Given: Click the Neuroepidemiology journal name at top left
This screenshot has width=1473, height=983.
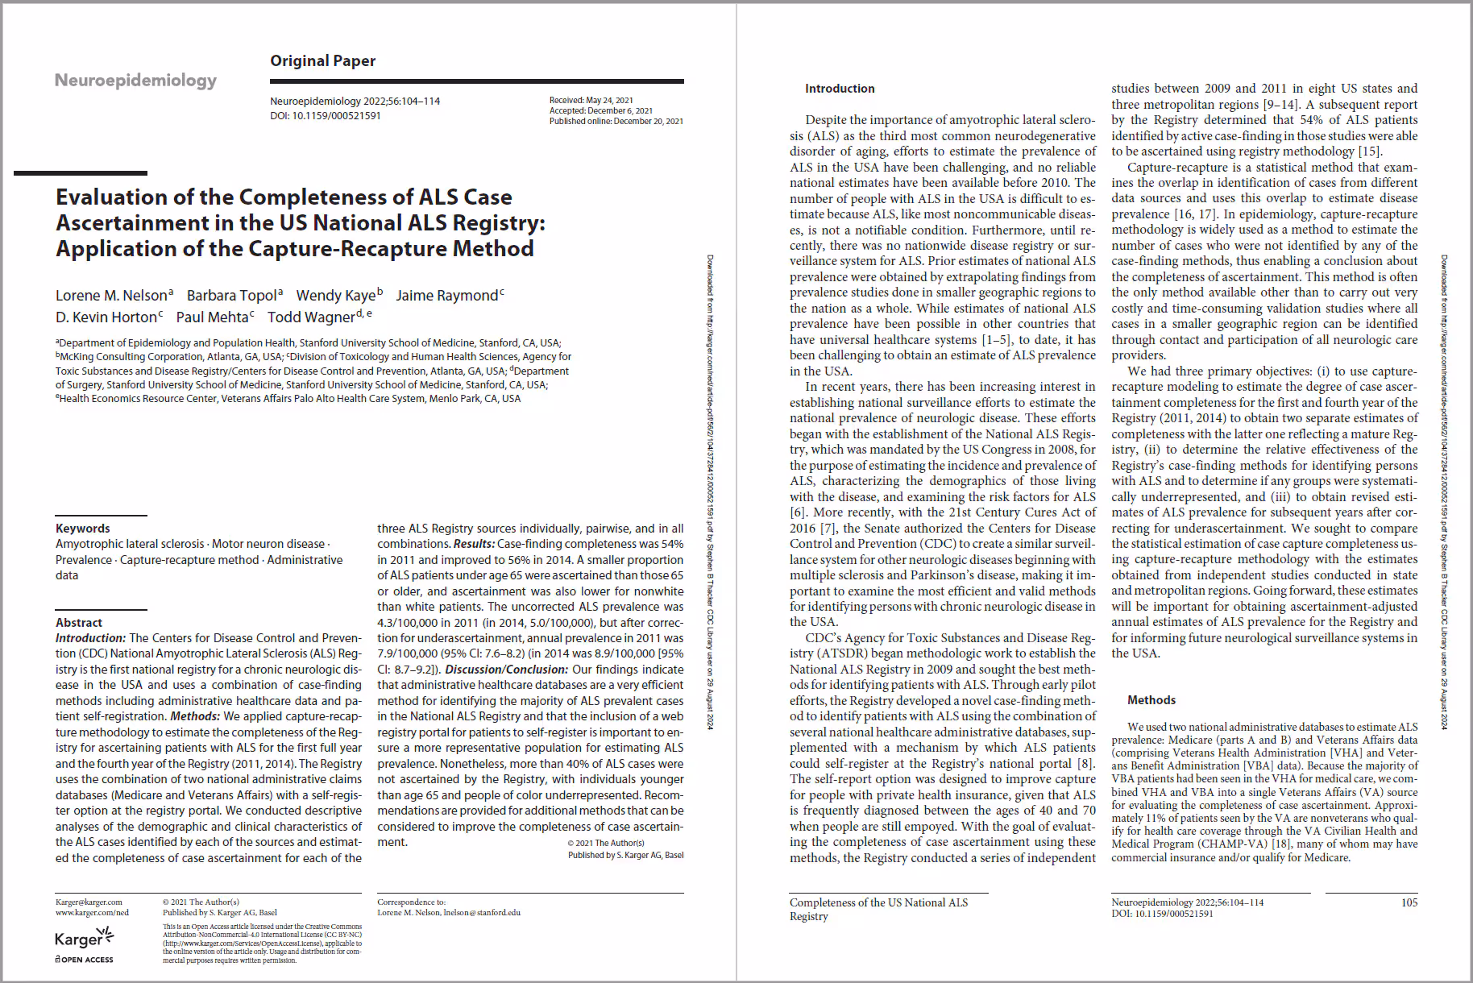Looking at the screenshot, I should click(x=135, y=80).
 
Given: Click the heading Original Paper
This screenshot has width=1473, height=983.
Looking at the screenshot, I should click(x=322, y=61).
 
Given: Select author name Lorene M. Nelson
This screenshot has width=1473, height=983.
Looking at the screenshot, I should click(x=111, y=296).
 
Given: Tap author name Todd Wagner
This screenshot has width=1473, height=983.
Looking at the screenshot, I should click(x=311, y=317).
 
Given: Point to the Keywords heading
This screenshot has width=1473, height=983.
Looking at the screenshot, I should click(x=82, y=529).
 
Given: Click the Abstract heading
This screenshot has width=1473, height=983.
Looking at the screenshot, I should click(x=78, y=623).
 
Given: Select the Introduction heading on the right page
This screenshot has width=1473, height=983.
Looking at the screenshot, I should click(x=839, y=89).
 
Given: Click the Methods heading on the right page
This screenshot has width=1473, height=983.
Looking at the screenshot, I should click(x=1151, y=700).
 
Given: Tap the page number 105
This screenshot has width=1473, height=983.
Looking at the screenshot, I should click(x=1409, y=902).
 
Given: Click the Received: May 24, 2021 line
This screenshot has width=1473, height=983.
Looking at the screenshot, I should click(x=591, y=101).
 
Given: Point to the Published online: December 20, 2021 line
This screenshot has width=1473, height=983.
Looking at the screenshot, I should click(x=616, y=122).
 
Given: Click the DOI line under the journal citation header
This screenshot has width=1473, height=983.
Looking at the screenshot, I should click(x=325, y=116).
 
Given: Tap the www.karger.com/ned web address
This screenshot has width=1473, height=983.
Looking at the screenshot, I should click(x=92, y=913).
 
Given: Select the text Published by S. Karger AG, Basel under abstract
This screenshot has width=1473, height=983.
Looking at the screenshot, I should click(x=625, y=855).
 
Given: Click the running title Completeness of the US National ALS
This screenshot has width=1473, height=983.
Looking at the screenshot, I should click(x=878, y=902).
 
